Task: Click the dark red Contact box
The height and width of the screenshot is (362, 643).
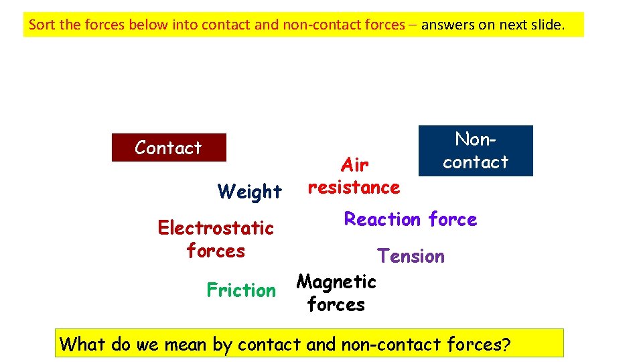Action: coord(168,147)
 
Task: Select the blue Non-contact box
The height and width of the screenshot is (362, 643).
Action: coord(476,151)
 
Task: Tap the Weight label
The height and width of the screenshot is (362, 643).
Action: coord(250,192)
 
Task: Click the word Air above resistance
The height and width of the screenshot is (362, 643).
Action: coord(355,165)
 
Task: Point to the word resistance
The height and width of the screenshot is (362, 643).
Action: coord(354,188)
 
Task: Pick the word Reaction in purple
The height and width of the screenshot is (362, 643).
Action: coord(382,219)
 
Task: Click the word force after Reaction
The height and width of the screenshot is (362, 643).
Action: coord(453,219)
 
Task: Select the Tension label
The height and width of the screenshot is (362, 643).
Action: coord(411,256)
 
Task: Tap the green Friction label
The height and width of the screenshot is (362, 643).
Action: coord(241,290)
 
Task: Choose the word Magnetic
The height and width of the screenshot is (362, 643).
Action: coord(336,282)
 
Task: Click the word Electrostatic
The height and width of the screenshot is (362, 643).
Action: coord(216,228)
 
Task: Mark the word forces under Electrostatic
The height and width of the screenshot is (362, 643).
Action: coord(216,251)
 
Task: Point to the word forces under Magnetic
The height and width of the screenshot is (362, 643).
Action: coord(336,305)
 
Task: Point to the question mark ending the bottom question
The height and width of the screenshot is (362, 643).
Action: coord(506,345)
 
